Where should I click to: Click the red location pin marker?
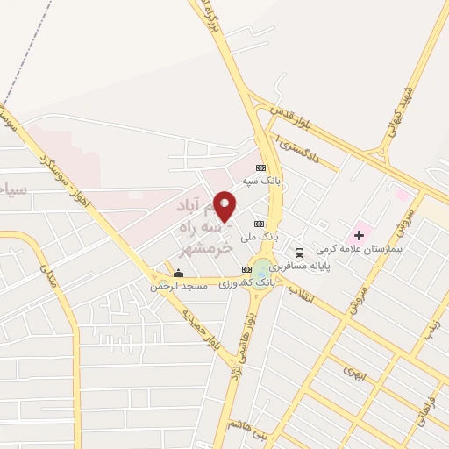(225, 206)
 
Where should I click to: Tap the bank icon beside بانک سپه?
(260, 167)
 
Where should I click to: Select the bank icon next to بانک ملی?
(258, 222)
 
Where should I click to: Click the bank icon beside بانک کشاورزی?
(246, 269)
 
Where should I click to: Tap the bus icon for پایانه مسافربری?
(299, 253)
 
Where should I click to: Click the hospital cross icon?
(359, 235)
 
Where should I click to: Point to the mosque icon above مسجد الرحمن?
(178, 274)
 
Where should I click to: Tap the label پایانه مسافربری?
(300, 265)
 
